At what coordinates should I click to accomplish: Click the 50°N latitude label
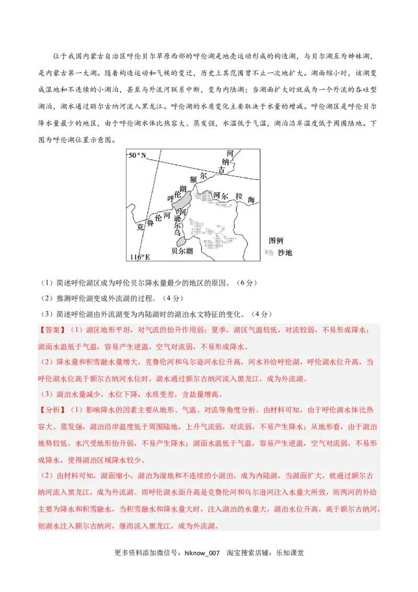[x=137, y=155]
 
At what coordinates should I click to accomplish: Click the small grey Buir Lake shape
[x=181, y=242]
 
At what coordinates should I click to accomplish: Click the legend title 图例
[x=276, y=241]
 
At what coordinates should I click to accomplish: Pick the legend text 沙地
[x=285, y=253]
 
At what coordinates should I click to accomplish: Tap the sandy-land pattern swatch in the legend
[x=270, y=253]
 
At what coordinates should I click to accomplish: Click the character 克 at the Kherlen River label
[x=140, y=227]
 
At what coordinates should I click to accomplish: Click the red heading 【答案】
[x=52, y=331]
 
